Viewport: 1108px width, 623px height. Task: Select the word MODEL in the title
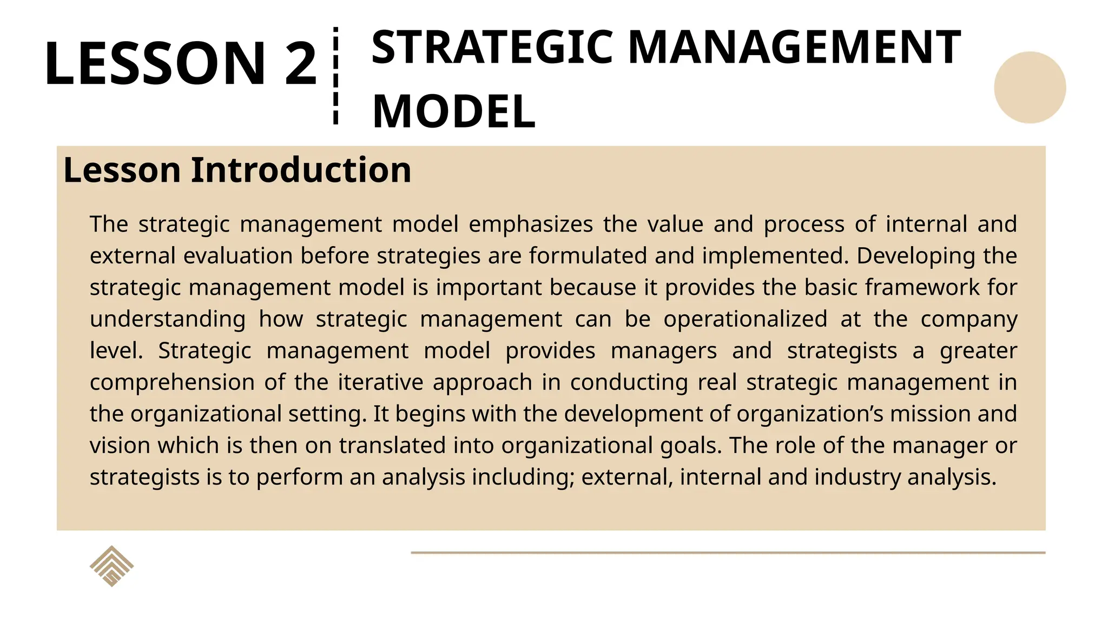(454, 111)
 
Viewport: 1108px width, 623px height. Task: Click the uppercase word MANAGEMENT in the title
(794, 48)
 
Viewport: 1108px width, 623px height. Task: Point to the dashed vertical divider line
(336, 76)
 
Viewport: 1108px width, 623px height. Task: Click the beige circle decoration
(1030, 88)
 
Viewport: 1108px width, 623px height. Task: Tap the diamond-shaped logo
(111, 566)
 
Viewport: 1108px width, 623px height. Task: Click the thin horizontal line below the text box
(728, 553)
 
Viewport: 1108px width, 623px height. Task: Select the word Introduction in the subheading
(301, 170)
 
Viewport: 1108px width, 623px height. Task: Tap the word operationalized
(745, 319)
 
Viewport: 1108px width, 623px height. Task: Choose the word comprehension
(172, 382)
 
